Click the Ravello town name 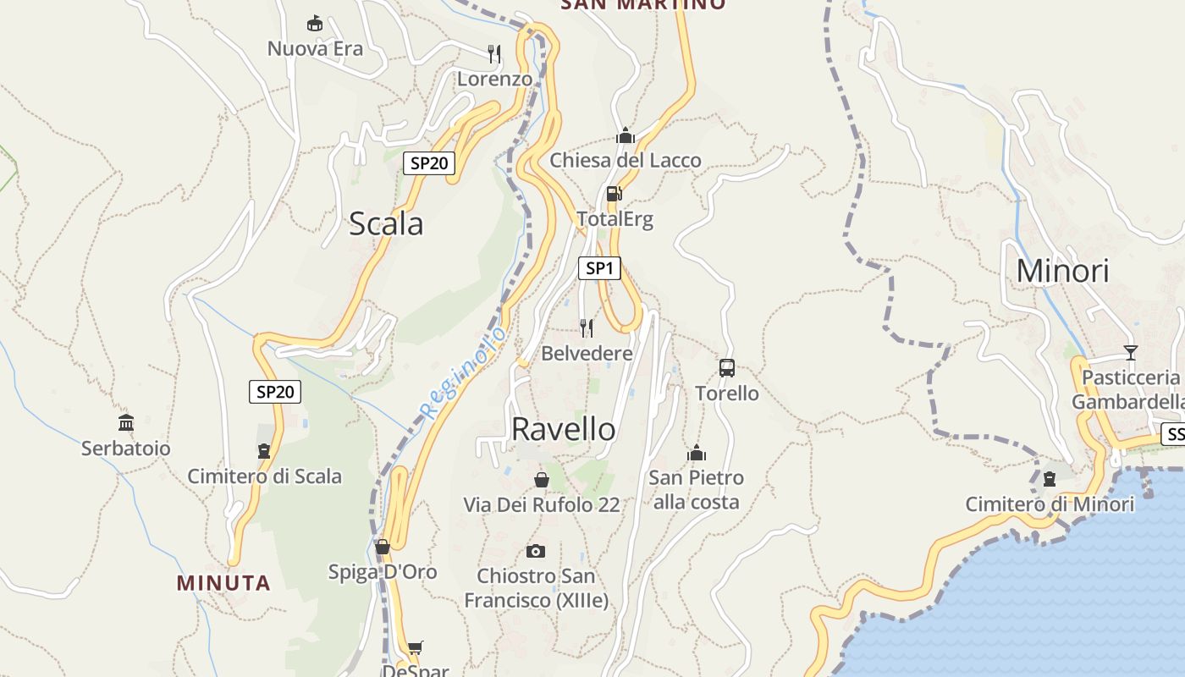563,429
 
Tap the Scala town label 386,223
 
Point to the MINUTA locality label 223,583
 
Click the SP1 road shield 599,268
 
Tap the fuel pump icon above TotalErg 615,194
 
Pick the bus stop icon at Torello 727,367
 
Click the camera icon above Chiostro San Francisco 535,552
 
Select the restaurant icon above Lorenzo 495,54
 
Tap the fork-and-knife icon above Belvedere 587,327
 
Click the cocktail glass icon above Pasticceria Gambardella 1131,352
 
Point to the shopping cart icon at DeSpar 415,648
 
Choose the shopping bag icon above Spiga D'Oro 383,547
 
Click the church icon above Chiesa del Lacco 626,135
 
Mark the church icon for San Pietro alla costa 697,453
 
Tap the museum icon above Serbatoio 126,422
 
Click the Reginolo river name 464,372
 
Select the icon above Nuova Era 315,23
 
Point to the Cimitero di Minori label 1050,505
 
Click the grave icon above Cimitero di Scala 264,451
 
